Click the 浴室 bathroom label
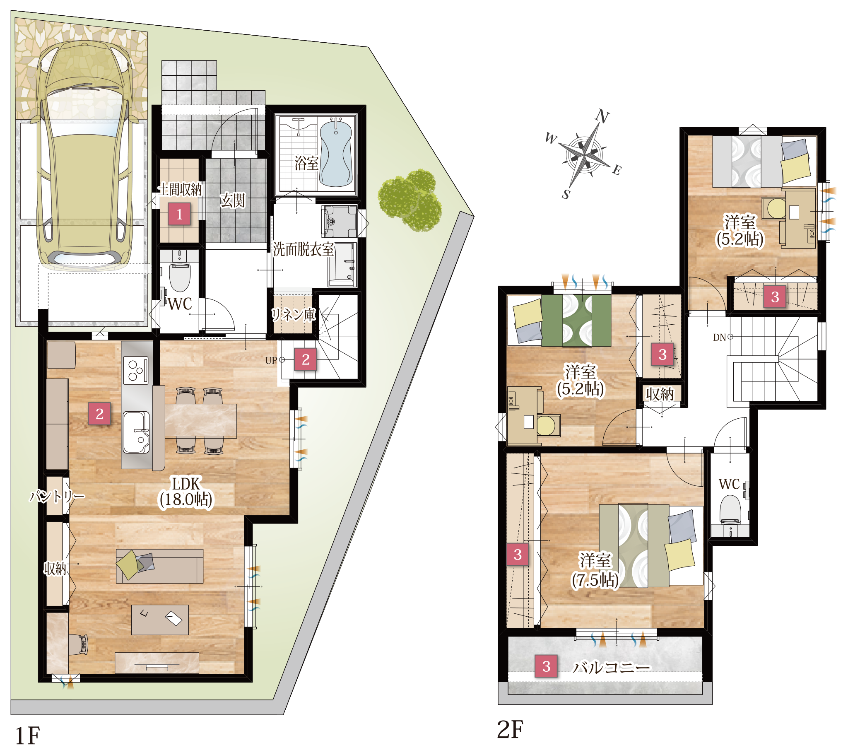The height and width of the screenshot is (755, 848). [x=306, y=163]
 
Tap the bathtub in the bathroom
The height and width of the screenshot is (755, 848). [x=336, y=152]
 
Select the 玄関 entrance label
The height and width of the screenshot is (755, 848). [x=233, y=201]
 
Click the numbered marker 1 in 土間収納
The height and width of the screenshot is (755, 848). [x=179, y=214]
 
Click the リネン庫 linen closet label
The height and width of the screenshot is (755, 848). [x=293, y=315]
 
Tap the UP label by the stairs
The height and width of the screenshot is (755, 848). [x=271, y=361]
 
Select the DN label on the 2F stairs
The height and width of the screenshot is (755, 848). [x=719, y=338]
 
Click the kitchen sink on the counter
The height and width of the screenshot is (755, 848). [x=136, y=432]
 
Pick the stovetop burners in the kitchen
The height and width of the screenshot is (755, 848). [x=136, y=370]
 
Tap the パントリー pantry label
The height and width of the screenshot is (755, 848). [x=57, y=496]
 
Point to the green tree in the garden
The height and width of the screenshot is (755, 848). [x=410, y=200]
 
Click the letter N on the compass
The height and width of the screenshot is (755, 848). [x=602, y=117]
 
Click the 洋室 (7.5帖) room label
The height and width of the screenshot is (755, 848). [x=595, y=570]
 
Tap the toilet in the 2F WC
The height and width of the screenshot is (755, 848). [x=730, y=513]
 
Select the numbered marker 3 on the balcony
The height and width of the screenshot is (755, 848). [x=547, y=666]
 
